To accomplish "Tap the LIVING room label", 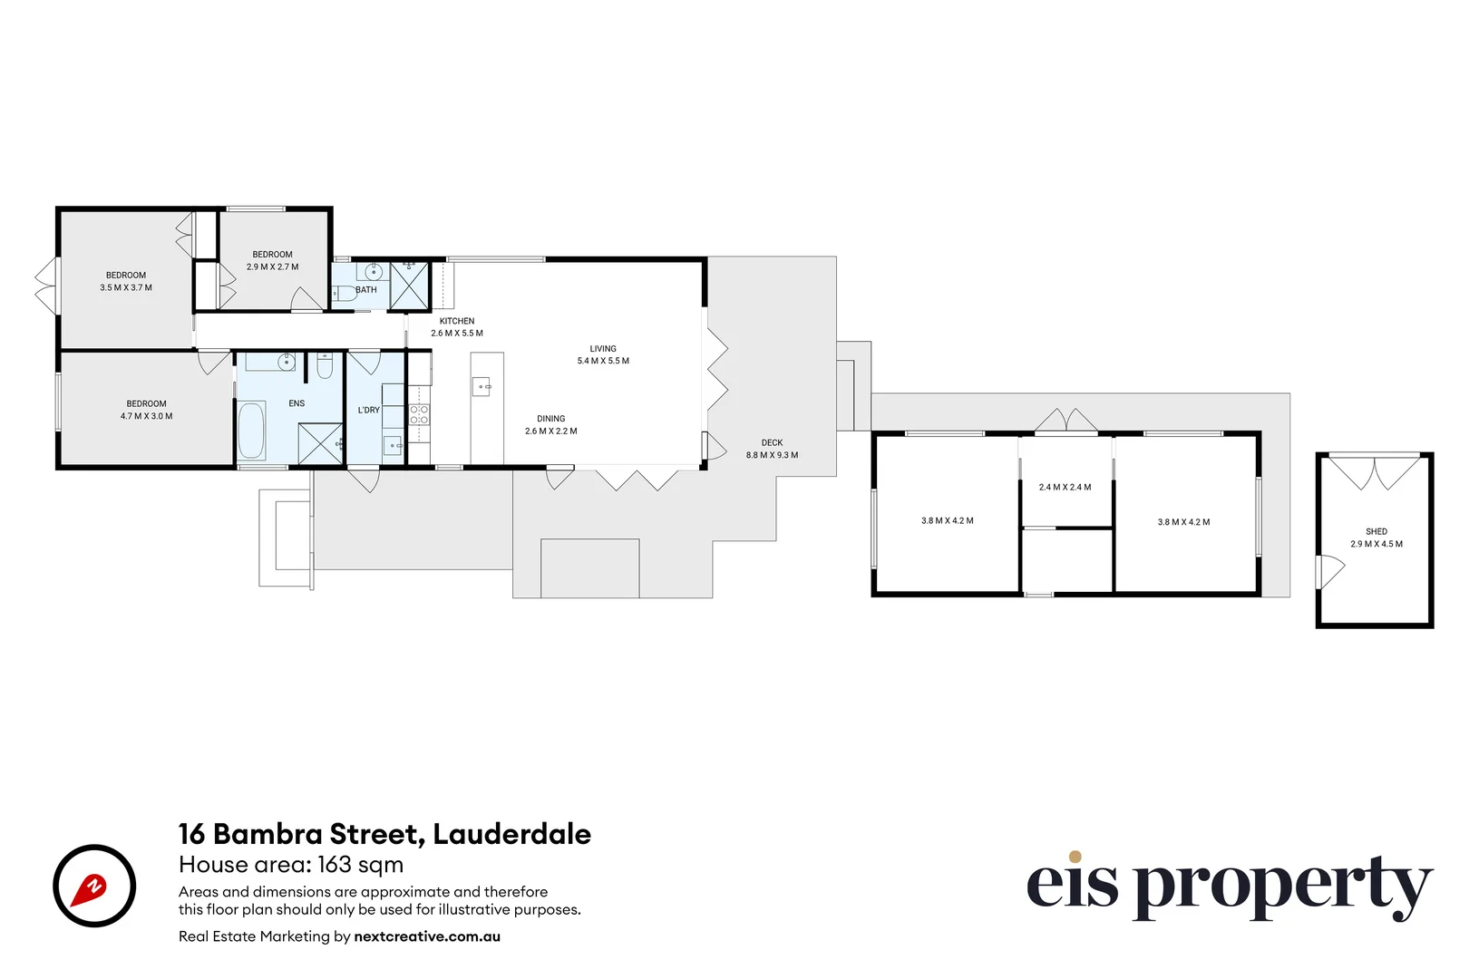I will click(603, 349).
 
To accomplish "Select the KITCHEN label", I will click(457, 321).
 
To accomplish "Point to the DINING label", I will click(550, 419).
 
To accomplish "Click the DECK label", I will click(772, 443).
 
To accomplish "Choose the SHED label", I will click(1376, 532).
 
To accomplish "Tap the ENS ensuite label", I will click(297, 403).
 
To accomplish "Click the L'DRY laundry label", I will click(369, 410).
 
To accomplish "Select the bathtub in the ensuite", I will click(251, 431).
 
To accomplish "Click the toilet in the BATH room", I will click(344, 293).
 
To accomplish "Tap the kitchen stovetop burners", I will click(419, 415).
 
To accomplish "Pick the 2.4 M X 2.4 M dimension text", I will click(1065, 488).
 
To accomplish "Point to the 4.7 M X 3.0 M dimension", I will click(146, 416).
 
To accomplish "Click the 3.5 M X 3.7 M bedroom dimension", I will click(126, 287).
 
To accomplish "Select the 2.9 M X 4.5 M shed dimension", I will click(1376, 544).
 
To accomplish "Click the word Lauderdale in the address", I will click(511, 834).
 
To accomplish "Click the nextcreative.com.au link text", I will click(427, 936).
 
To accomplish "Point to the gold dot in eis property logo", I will click(1075, 857).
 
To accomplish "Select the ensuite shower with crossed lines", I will click(320, 444).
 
